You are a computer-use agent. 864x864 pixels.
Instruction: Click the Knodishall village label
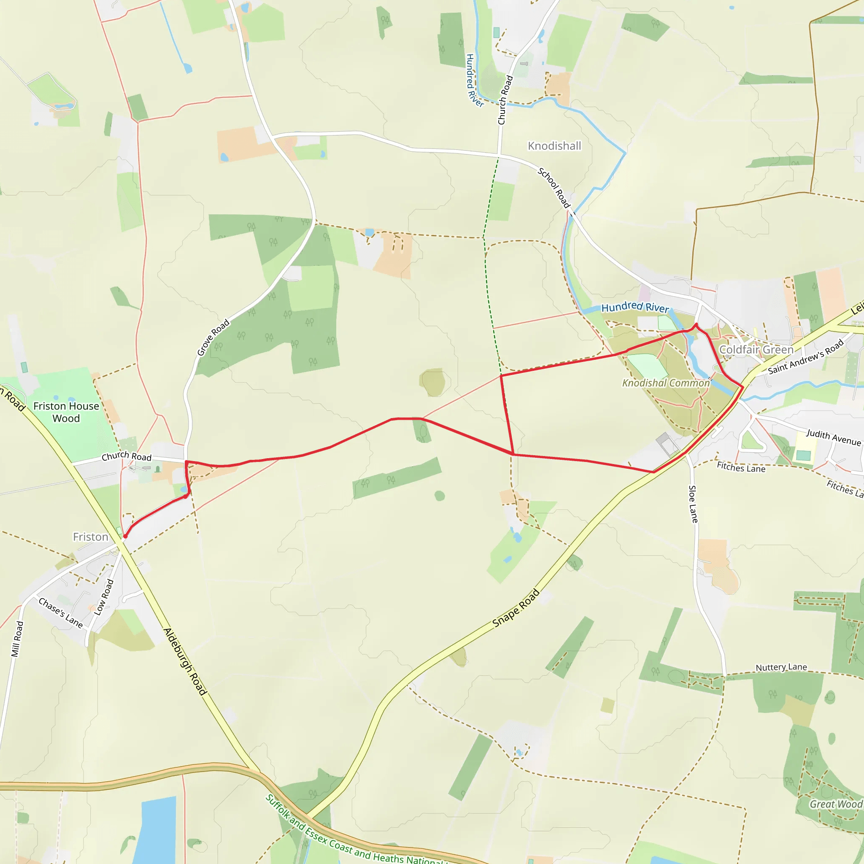pos(554,146)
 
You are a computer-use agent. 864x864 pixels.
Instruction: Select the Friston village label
pos(91,537)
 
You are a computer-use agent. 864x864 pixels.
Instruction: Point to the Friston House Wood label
pos(66,412)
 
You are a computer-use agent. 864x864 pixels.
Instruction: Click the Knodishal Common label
pos(666,383)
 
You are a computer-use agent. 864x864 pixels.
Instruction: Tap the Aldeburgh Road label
pos(185,662)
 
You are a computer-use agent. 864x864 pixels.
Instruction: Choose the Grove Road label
pos(213,337)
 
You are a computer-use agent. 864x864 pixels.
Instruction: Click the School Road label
pos(554,188)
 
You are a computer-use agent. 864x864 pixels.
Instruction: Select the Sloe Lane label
pos(693,504)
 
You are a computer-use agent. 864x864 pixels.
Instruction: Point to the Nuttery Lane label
pos(781,667)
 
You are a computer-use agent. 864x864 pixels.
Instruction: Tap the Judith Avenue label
pos(834,437)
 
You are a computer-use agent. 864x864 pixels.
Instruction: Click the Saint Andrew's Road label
pos(806,356)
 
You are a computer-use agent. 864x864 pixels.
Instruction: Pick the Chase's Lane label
pos(61,613)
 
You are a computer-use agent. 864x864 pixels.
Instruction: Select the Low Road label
pos(104,597)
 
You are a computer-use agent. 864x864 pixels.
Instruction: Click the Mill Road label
pos(16,639)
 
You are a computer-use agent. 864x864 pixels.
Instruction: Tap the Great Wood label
pos(836,804)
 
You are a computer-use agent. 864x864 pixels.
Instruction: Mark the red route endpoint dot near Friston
pos(126,536)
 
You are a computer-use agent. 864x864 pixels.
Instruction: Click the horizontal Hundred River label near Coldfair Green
pos(635,307)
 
